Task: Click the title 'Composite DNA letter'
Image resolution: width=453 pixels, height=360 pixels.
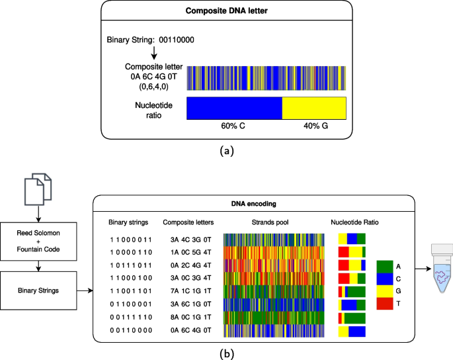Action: click(227, 11)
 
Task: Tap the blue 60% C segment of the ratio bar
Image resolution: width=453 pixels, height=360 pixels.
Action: click(234, 107)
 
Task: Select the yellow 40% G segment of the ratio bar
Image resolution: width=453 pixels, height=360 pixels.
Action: click(314, 107)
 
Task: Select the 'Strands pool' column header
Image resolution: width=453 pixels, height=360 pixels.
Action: click(272, 222)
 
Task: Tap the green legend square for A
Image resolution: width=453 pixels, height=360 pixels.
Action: click(386, 266)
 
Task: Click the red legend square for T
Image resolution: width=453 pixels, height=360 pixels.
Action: click(386, 304)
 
